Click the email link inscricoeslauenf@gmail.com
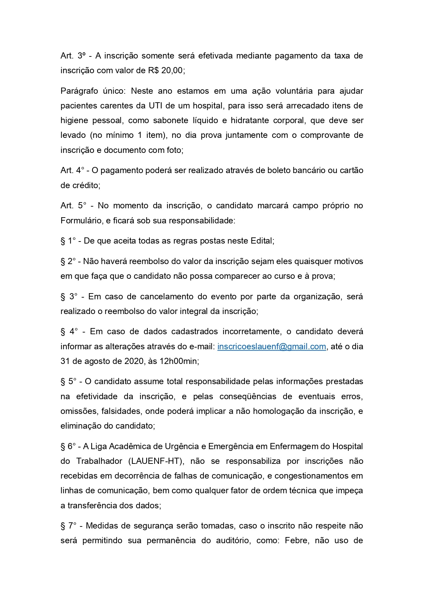(x=271, y=346)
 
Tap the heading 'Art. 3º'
(x=73, y=56)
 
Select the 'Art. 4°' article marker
(x=72, y=170)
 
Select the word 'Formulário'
(x=81, y=220)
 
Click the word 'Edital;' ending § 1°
(x=262, y=241)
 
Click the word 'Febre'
(x=296, y=540)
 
